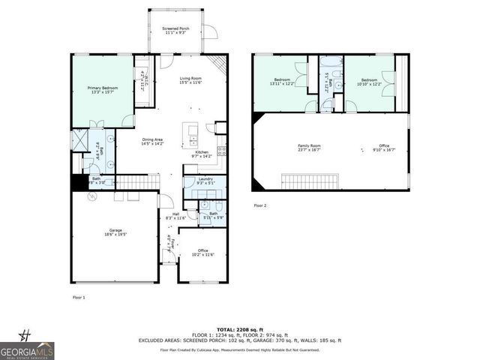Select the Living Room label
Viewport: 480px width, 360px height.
[x=190, y=80]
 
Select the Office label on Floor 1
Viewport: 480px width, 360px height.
[x=202, y=253]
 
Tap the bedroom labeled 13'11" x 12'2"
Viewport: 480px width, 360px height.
[x=282, y=81]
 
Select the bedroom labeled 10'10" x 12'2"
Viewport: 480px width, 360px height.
[x=370, y=81]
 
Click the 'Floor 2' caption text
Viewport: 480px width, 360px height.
[x=260, y=205]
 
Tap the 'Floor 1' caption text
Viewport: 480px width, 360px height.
[x=79, y=297]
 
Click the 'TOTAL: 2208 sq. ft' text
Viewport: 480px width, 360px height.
[x=239, y=329]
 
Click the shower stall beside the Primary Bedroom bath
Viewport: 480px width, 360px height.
[x=79, y=140]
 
